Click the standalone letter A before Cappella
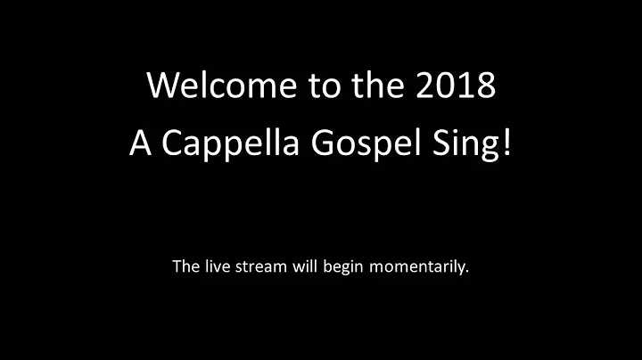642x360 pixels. (x=139, y=144)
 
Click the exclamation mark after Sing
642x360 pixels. (x=508, y=144)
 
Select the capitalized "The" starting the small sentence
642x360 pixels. (x=185, y=266)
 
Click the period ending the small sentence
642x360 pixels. (x=466, y=271)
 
